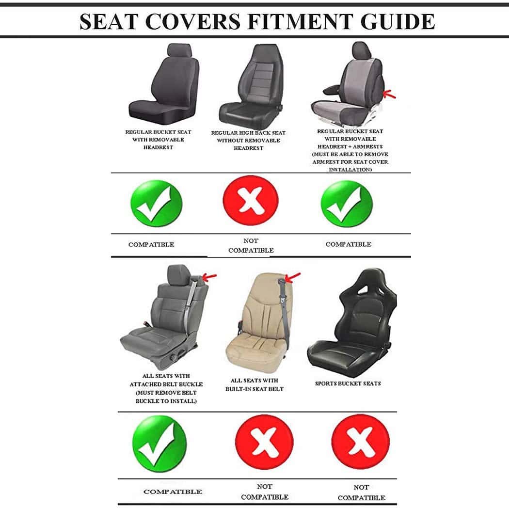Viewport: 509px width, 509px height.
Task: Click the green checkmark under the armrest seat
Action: [x=347, y=204]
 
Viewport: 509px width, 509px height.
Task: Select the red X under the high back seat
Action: [x=250, y=200]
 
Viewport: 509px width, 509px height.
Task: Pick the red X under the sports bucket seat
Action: [x=360, y=442]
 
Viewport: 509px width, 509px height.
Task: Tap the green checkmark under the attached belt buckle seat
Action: [x=159, y=444]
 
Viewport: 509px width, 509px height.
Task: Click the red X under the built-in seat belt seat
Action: [x=264, y=442]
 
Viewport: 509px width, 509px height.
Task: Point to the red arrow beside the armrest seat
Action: [x=389, y=95]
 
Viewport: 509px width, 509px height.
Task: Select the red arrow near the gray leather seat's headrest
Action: [x=209, y=277]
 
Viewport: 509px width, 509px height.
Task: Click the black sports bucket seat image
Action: [x=352, y=323]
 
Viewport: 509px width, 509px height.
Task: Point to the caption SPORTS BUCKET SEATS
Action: [x=348, y=383]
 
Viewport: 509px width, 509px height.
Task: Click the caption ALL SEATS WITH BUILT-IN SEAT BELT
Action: [x=254, y=385]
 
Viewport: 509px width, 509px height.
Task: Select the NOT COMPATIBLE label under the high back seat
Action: [x=251, y=245]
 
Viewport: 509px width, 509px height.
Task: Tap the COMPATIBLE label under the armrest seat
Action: [x=349, y=244]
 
